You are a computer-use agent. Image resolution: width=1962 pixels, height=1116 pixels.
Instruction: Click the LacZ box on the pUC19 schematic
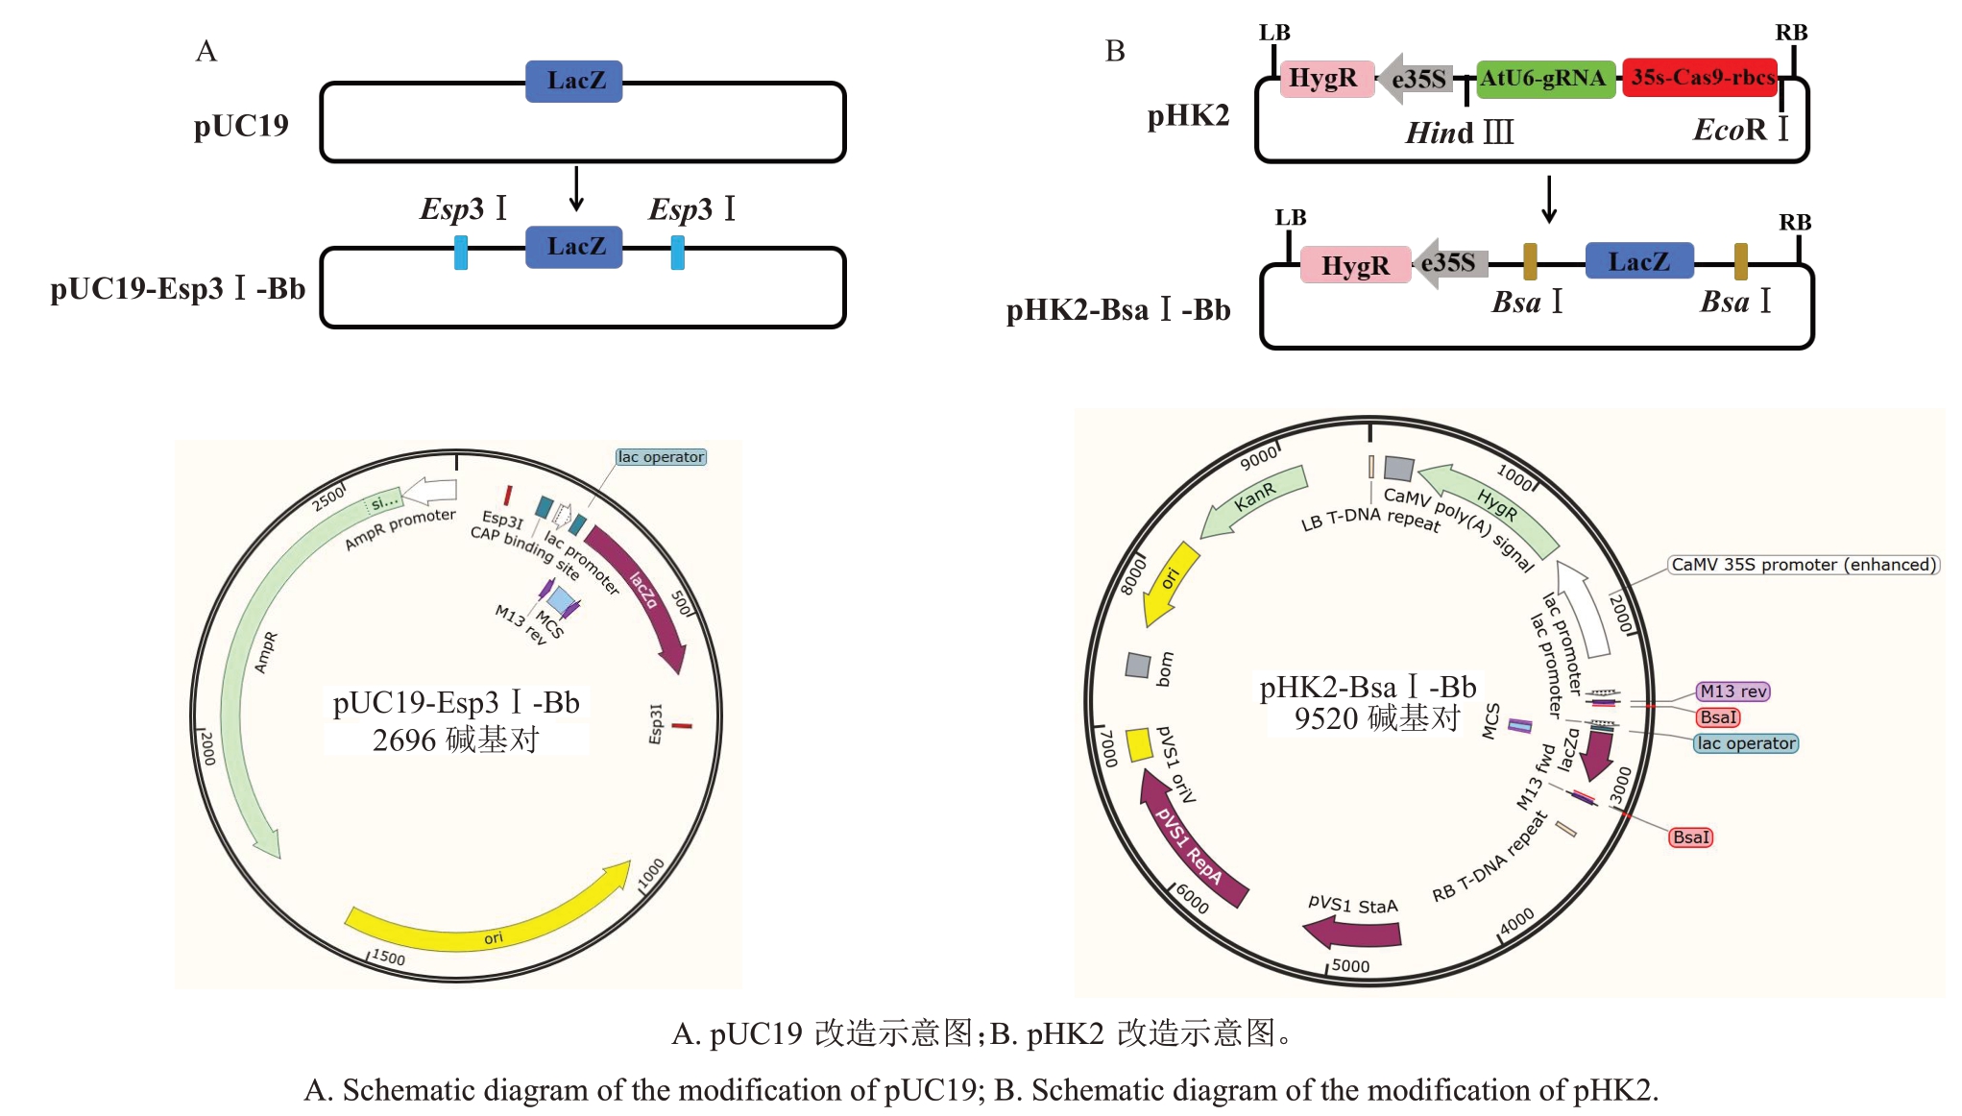(x=573, y=81)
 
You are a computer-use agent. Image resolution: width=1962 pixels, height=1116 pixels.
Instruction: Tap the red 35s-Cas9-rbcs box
(x=1701, y=78)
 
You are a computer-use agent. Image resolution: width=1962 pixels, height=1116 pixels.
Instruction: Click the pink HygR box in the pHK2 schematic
(x=1325, y=78)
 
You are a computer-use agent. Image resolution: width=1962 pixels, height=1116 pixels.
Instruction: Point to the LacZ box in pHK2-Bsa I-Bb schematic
(x=1638, y=261)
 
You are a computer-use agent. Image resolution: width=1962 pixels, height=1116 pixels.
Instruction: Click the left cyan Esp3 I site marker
(x=461, y=252)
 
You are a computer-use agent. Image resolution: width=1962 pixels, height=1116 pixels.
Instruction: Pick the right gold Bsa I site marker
(x=1740, y=261)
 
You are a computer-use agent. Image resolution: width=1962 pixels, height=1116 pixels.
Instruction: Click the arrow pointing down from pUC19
(x=576, y=188)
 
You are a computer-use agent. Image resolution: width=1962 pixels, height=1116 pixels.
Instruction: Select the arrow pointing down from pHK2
(x=1548, y=199)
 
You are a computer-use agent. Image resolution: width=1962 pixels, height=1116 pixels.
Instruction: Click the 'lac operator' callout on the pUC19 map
(x=661, y=457)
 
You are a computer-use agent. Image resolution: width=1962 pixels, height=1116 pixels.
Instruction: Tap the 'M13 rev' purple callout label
(x=1732, y=691)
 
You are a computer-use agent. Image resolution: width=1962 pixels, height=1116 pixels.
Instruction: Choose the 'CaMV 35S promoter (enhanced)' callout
(x=1803, y=565)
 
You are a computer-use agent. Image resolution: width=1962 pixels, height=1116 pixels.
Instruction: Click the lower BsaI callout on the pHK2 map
(x=1690, y=837)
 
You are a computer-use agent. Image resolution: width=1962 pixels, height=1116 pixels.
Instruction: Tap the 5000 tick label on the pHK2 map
(x=1350, y=966)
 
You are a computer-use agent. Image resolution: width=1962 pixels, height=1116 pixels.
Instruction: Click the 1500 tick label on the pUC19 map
(x=388, y=957)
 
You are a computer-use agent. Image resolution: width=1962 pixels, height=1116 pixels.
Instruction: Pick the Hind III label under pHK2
(x=1459, y=133)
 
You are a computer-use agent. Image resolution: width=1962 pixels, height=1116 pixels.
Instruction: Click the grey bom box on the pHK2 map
(x=1138, y=665)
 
